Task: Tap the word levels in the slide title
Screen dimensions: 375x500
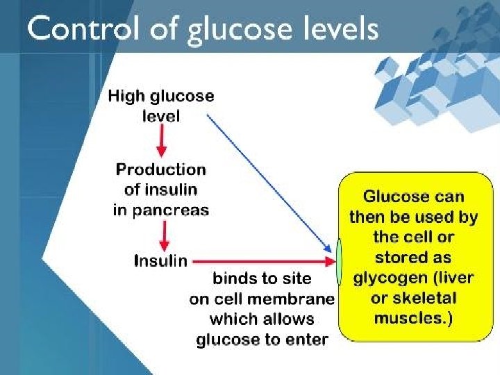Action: [x=338, y=30]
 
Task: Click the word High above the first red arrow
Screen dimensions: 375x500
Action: [x=124, y=97]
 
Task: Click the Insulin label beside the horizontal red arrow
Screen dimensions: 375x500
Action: [x=160, y=261]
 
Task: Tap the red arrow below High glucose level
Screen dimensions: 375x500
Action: [x=161, y=142]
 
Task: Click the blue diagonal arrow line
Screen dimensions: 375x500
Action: [x=267, y=183]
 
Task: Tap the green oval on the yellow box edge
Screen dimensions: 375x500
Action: [x=339, y=262]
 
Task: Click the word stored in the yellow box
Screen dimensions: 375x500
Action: [x=398, y=258]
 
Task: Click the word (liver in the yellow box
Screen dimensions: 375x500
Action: [x=452, y=278]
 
